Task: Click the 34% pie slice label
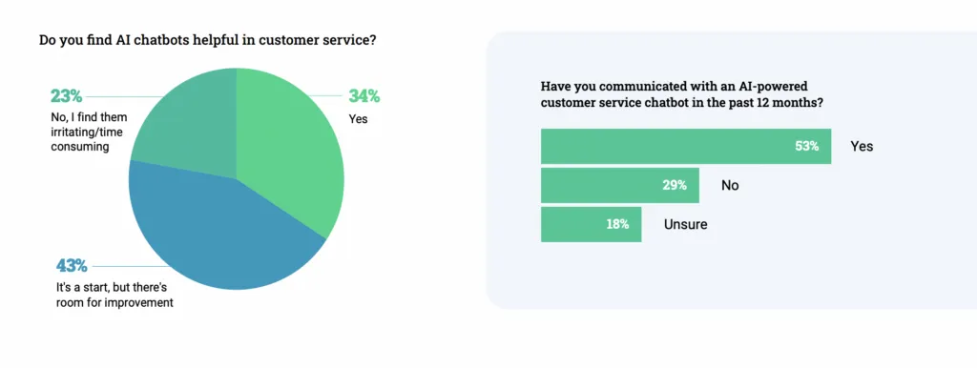coord(364,95)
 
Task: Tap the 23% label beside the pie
coord(66,95)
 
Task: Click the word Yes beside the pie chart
coord(359,119)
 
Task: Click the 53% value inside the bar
coord(808,147)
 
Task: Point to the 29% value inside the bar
coord(676,185)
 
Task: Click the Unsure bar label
coord(686,225)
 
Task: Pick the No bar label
coord(730,186)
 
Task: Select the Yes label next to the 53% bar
coord(862,147)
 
